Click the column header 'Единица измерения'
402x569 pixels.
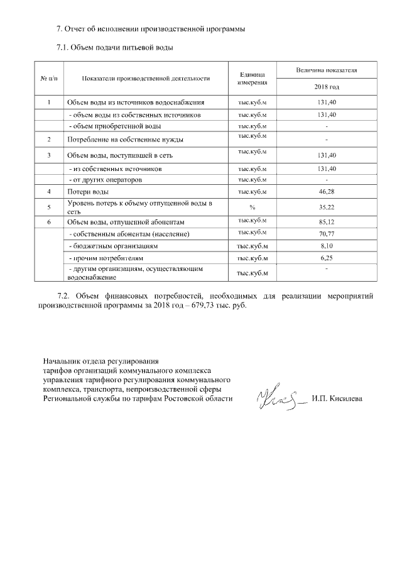[253, 78]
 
